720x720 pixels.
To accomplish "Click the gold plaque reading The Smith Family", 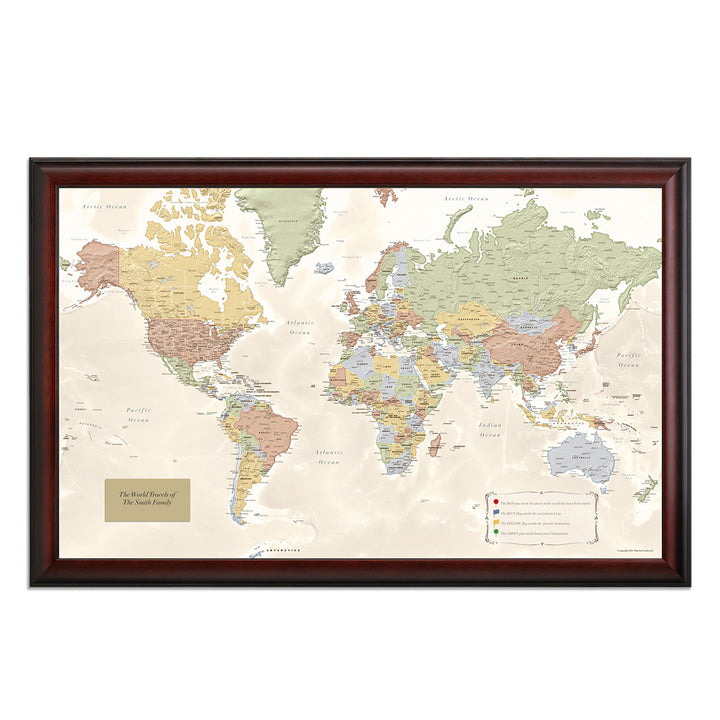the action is (x=147, y=499).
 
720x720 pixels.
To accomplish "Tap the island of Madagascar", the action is (x=435, y=443).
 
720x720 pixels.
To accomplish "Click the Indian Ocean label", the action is (x=490, y=430).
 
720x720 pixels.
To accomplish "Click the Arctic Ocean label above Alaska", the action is (x=105, y=206).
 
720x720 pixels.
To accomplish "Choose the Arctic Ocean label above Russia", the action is (x=467, y=200).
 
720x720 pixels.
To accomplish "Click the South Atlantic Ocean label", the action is (x=328, y=457).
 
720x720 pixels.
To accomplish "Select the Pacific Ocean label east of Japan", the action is (x=628, y=360).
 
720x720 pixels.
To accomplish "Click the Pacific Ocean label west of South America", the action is (x=138, y=415).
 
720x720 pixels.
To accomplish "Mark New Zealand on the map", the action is (x=645, y=488).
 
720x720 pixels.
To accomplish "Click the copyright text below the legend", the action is (x=635, y=549).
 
